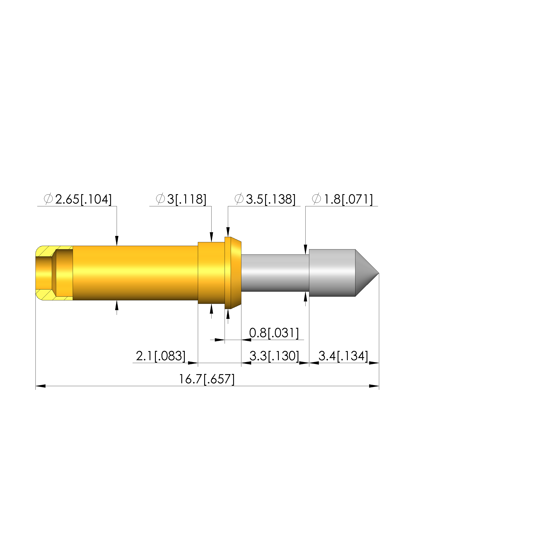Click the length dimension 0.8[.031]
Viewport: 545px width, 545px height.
coord(274,333)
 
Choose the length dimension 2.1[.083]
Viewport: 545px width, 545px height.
coord(161,356)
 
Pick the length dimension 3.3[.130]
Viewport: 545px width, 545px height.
coord(274,356)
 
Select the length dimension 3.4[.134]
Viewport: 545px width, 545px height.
coord(343,356)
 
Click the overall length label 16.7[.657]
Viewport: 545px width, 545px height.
coord(207,379)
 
